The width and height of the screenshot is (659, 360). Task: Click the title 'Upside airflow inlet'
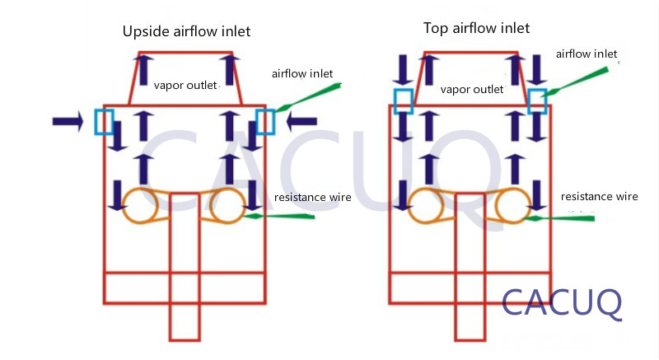tap(186, 32)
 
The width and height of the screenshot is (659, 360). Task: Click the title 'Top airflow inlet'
tap(476, 29)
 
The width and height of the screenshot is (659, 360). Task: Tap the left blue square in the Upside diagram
tap(105, 122)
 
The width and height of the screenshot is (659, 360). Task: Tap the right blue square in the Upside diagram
tap(264, 122)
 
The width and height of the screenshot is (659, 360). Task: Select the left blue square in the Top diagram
tap(403, 101)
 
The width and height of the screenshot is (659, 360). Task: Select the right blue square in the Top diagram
tap(537, 101)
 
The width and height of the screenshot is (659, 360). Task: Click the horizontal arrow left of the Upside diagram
tap(68, 122)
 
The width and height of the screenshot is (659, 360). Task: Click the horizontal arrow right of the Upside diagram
tap(301, 122)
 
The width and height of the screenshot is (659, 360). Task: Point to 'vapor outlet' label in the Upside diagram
tap(185, 85)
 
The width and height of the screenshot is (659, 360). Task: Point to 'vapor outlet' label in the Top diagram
tap(472, 90)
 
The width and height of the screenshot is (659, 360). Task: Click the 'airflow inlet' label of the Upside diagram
tap(302, 74)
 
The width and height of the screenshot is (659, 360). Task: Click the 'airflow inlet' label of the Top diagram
tap(586, 54)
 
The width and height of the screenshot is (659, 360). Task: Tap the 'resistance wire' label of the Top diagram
tap(599, 197)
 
